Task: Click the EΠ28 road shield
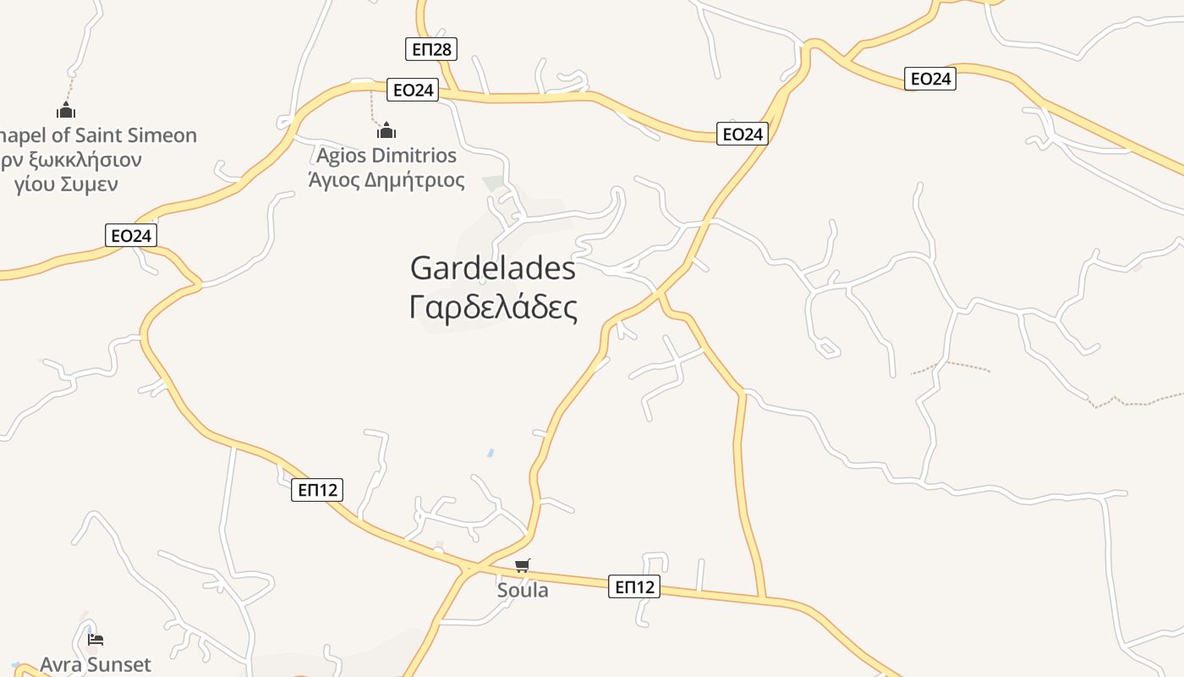click(431, 49)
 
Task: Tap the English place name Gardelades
click(493, 268)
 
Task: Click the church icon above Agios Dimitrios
click(386, 130)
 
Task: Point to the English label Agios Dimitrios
click(386, 156)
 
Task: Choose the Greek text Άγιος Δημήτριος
click(386, 179)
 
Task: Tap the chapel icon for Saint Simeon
click(66, 110)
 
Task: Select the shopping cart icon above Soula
click(523, 565)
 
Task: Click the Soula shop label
click(523, 590)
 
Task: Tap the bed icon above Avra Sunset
click(96, 640)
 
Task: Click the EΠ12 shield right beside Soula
click(633, 586)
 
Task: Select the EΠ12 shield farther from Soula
click(317, 489)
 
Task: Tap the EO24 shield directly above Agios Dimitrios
click(413, 90)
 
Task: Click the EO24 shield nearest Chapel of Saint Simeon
click(132, 235)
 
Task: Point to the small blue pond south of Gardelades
click(491, 454)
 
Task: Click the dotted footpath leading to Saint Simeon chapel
click(71, 87)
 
